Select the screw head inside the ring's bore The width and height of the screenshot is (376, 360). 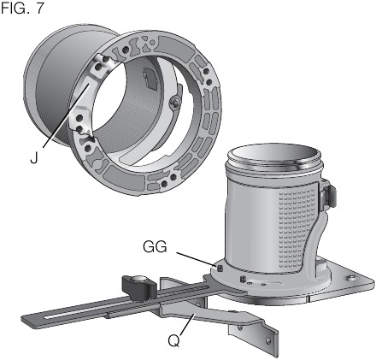pyautogui.click(x=174, y=104)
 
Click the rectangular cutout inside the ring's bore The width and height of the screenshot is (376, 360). pyautogui.click(x=150, y=80)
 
